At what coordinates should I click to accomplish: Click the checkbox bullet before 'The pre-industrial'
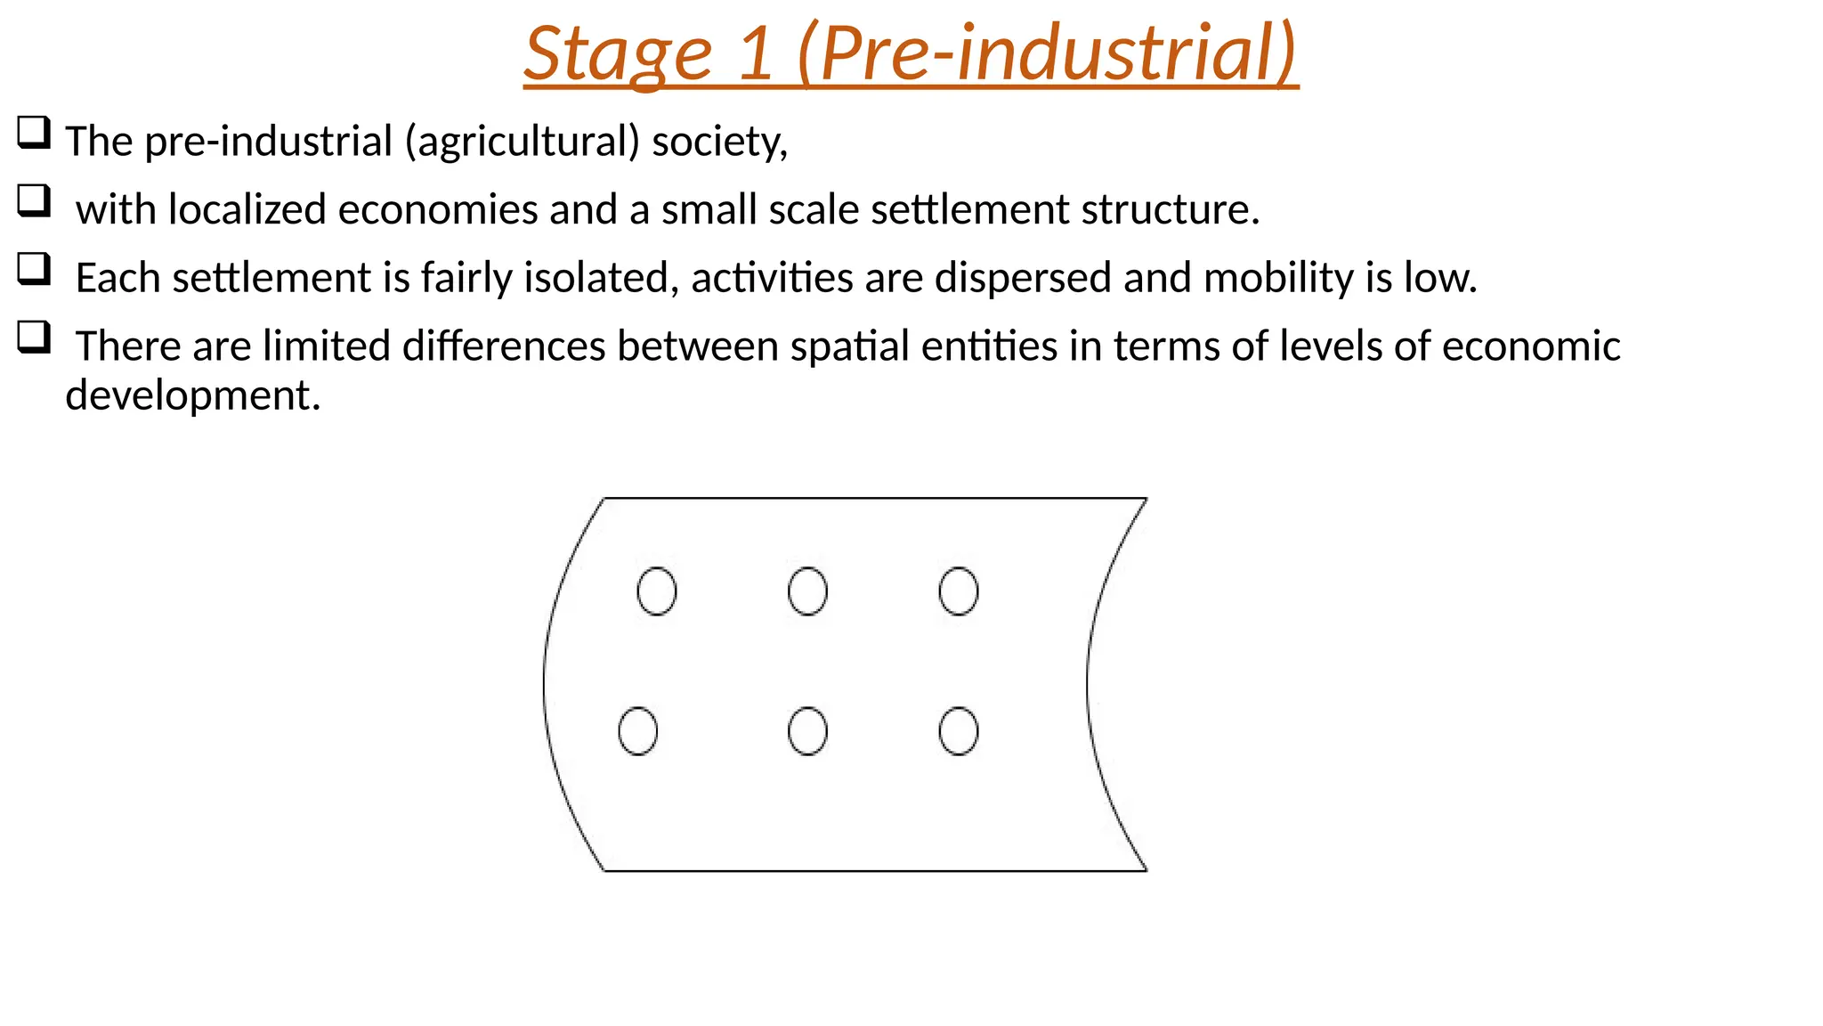pyautogui.click(x=34, y=134)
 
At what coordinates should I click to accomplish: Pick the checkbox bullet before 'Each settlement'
pyautogui.click(x=34, y=270)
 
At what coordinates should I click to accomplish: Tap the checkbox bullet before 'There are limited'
pyautogui.click(x=34, y=338)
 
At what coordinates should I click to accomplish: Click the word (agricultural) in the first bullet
pyautogui.click(x=522, y=142)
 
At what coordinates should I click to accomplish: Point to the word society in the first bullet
pyautogui.click(x=719, y=142)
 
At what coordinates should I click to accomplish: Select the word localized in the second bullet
pyautogui.click(x=247, y=210)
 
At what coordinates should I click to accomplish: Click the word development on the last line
pyautogui.click(x=192, y=395)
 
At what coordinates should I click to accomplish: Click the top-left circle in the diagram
pyautogui.click(x=657, y=591)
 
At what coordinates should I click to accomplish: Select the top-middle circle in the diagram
pyautogui.click(x=807, y=591)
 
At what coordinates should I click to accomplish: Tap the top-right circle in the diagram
pyautogui.click(x=959, y=591)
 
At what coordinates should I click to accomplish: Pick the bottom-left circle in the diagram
pyautogui.click(x=638, y=731)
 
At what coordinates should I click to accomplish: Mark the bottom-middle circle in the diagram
pyautogui.click(x=807, y=731)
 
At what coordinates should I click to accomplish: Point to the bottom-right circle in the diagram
pyautogui.click(x=959, y=731)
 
